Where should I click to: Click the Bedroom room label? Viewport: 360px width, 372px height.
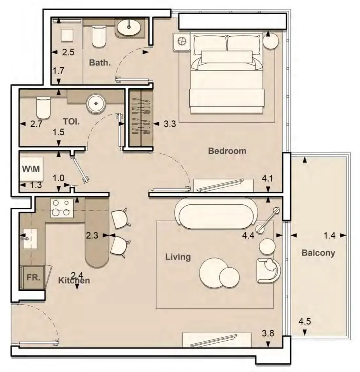pos(227,151)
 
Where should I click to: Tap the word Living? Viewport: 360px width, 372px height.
pos(178,257)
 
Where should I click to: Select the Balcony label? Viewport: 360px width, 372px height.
pos(318,253)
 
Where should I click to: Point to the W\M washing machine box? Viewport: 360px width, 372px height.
pos(31,169)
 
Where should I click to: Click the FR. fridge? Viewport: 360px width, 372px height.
pos(33,277)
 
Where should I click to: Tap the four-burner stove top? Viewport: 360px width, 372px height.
pos(62,208)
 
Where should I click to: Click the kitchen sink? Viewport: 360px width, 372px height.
pos(30,239)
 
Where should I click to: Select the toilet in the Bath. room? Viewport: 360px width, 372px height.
pos(99,36)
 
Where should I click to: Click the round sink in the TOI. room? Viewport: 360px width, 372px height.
pos(96,103)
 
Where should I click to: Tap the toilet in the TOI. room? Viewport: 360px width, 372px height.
pos(43,108)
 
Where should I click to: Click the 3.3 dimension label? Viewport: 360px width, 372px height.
pos(170,124)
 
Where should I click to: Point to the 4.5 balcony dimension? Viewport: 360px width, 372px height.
pos(305,322)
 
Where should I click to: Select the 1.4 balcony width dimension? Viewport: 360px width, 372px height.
pos(330,236)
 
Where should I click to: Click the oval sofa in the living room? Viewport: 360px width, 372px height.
pos(216,213)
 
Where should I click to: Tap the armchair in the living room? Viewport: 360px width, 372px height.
pos(268,271)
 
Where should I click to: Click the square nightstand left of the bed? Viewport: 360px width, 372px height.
pos(182,42)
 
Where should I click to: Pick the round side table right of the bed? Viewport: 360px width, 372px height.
pos(271,41)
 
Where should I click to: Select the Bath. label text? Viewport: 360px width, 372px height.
pos(100,63)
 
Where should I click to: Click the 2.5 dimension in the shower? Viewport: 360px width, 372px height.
pos(68,52)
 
